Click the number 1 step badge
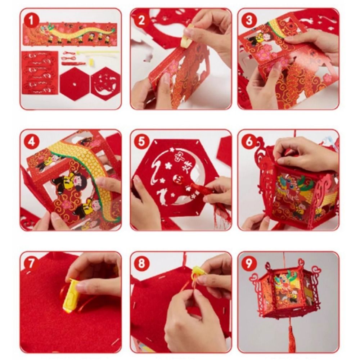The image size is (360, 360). tap(32, 20)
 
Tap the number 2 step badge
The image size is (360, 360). tap(141, 20)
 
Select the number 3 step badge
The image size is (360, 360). tap(249, 20)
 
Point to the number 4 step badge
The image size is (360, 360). tap(32, 142)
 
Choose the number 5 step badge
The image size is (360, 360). tap(141, 142)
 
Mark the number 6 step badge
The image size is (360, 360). tap(249, 142)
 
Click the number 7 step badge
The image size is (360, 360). tap(32, 263)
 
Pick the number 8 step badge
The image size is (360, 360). tap(141, 263)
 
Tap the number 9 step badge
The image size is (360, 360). tap(249, 263)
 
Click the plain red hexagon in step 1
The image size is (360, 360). tap(75, 84)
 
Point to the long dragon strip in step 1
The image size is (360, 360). tap(70, 35)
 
